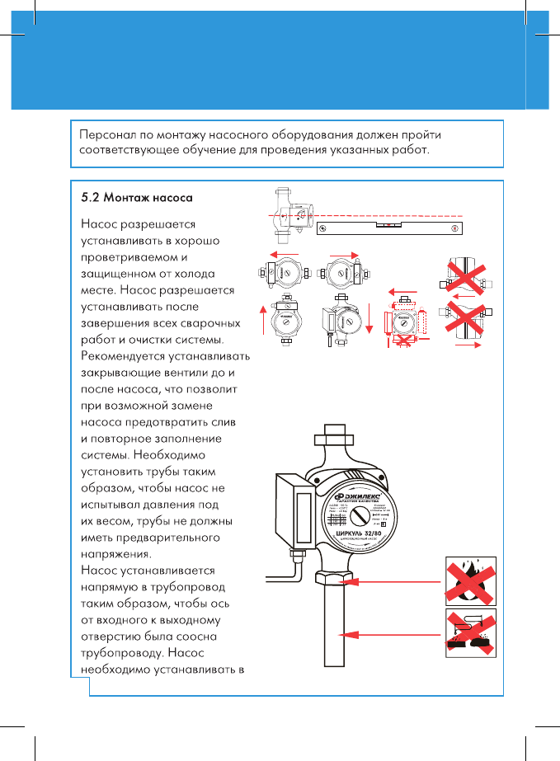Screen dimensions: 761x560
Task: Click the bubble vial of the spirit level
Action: click(x=388, y=223)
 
